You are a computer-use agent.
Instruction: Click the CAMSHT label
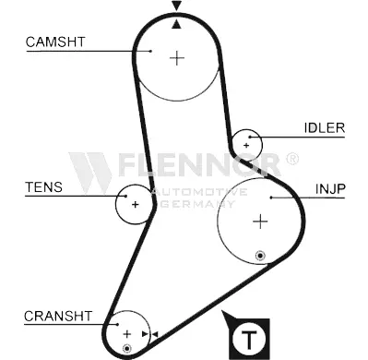pyautogui.click(x=55, y=42)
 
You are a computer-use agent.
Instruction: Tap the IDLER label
pyautogui.click(x=325, y=127)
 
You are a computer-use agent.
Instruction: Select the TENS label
pyautogui.click(x=43, y=187)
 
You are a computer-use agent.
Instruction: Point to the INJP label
pyautogui.click(x=330, y=189)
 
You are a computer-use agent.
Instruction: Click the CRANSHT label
pyautogui.click(x=58, y=316)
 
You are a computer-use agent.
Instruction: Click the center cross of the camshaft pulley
pyautogui.click(x=177, y=58)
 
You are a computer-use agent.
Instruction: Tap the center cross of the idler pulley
pyautogui.click(x=246, y=146)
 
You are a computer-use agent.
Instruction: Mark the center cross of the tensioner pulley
pyautogui.click(x=136, y=204)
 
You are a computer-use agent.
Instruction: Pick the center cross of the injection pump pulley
pyautogui.click(x=260, y=222)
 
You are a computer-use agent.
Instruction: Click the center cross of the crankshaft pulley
pyautogui.click(x=127, y=334)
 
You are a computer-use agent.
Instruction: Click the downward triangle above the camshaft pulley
pyautogui.click(x=176, y=6)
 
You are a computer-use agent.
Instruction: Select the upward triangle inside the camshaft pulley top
pyautogui.click(x=176, y=24)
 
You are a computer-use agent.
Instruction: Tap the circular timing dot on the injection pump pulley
pyautogui.click(x=260, y=256)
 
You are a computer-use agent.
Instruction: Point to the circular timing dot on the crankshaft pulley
pyautogui.click(x=127, y=348)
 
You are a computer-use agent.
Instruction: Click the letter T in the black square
pyautogui.click(x=249, y=339)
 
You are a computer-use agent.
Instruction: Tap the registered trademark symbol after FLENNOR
pyautogui.click(x=292, y=159)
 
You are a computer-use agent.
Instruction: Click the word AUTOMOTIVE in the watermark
pyautogui.click(x=199, y=192)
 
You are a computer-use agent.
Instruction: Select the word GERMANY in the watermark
pyautogui.click(x=198, y=204)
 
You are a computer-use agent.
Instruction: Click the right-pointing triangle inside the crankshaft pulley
pyautogui.click(x=145, y=334)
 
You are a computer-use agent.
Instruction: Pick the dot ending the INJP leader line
pyautogui.click(x=271, y=198)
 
